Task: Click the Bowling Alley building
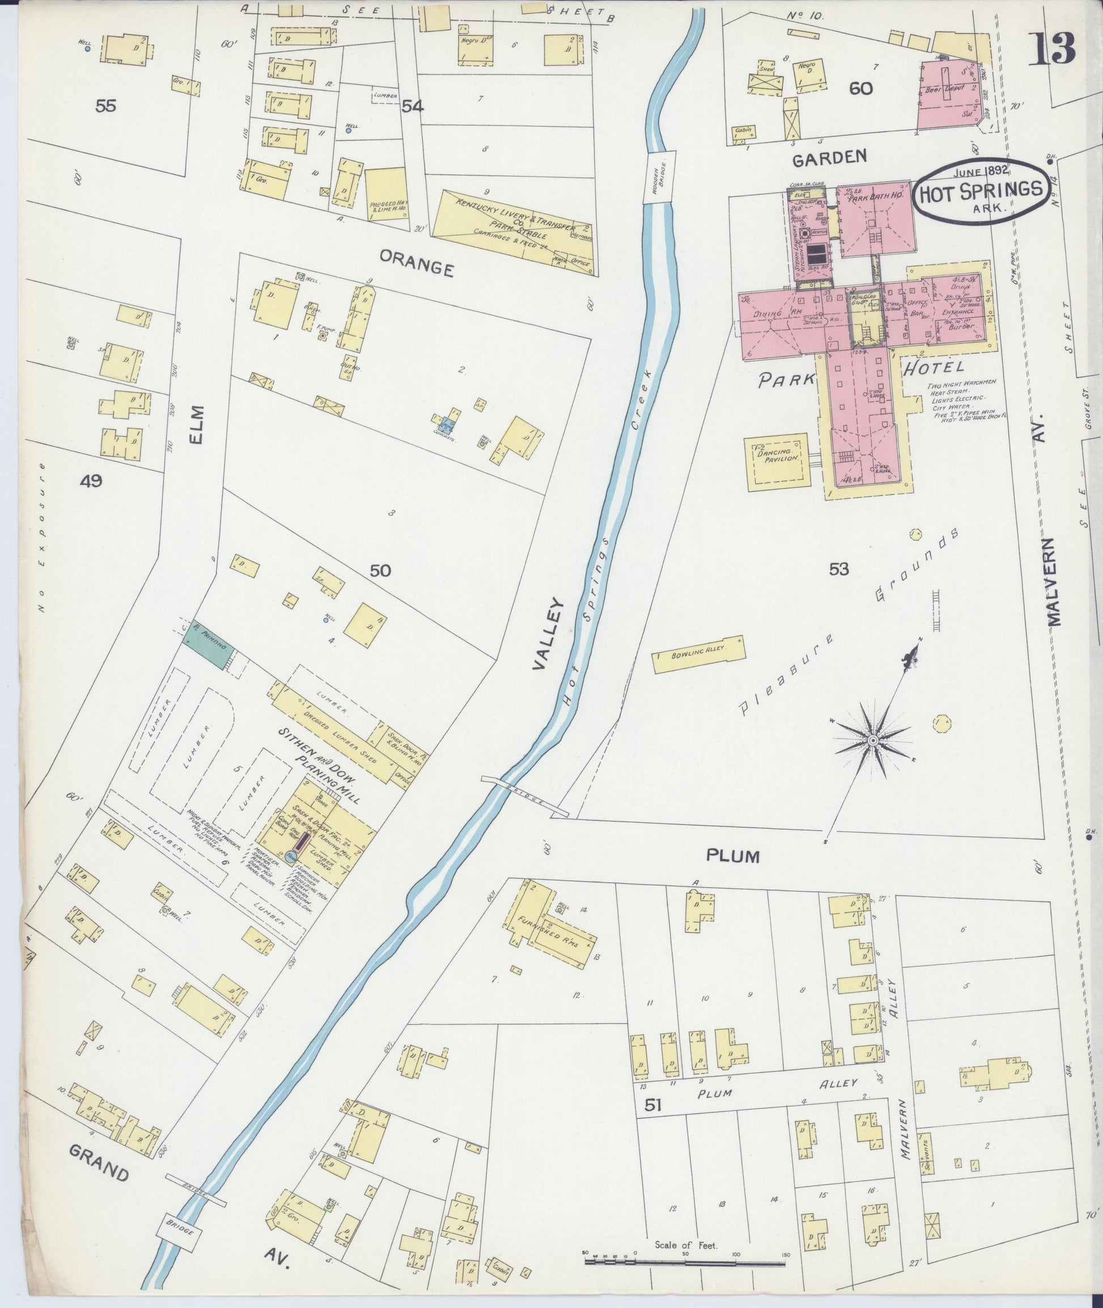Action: (698, 654)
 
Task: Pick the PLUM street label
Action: (733, 855)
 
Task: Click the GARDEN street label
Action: (829, 158)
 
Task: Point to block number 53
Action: (838, 569)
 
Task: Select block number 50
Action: (380, 570)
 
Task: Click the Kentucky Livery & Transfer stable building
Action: (513, 231)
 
